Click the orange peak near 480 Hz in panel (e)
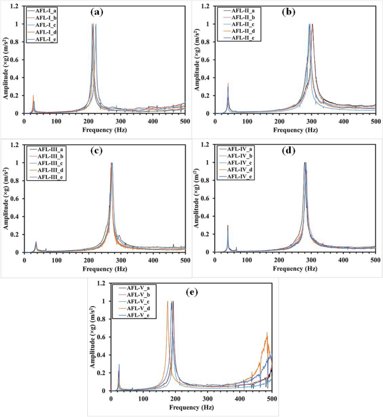[267, 335]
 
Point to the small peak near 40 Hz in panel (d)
[228, 227]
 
